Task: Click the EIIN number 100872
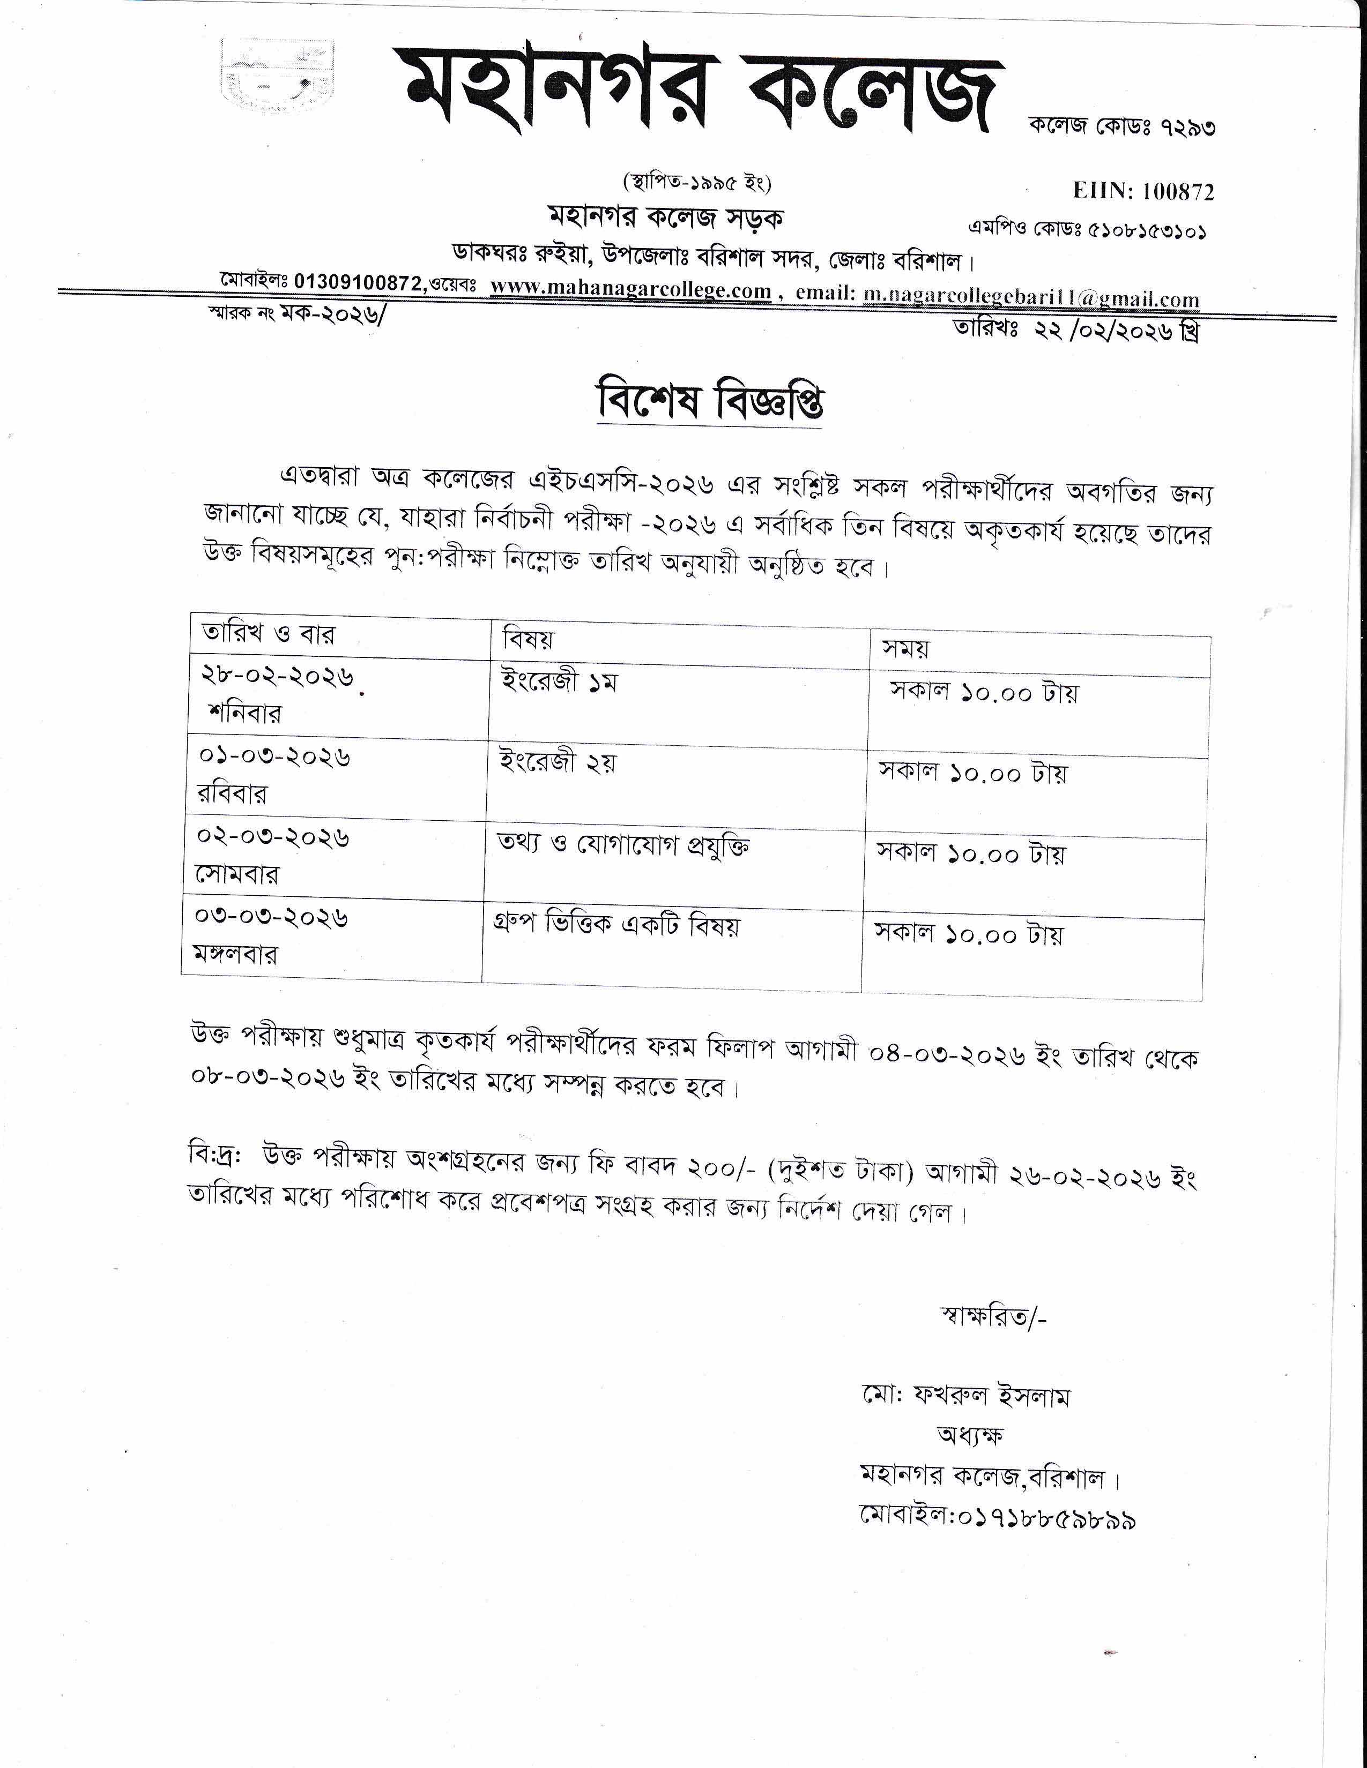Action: tap(1178, 191)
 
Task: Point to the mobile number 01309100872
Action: tap(358, 282)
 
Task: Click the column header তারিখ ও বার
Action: tap(268, 633)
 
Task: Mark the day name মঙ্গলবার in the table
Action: tap(235, 954)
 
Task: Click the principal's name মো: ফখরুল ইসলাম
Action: tap(965, 1396)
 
